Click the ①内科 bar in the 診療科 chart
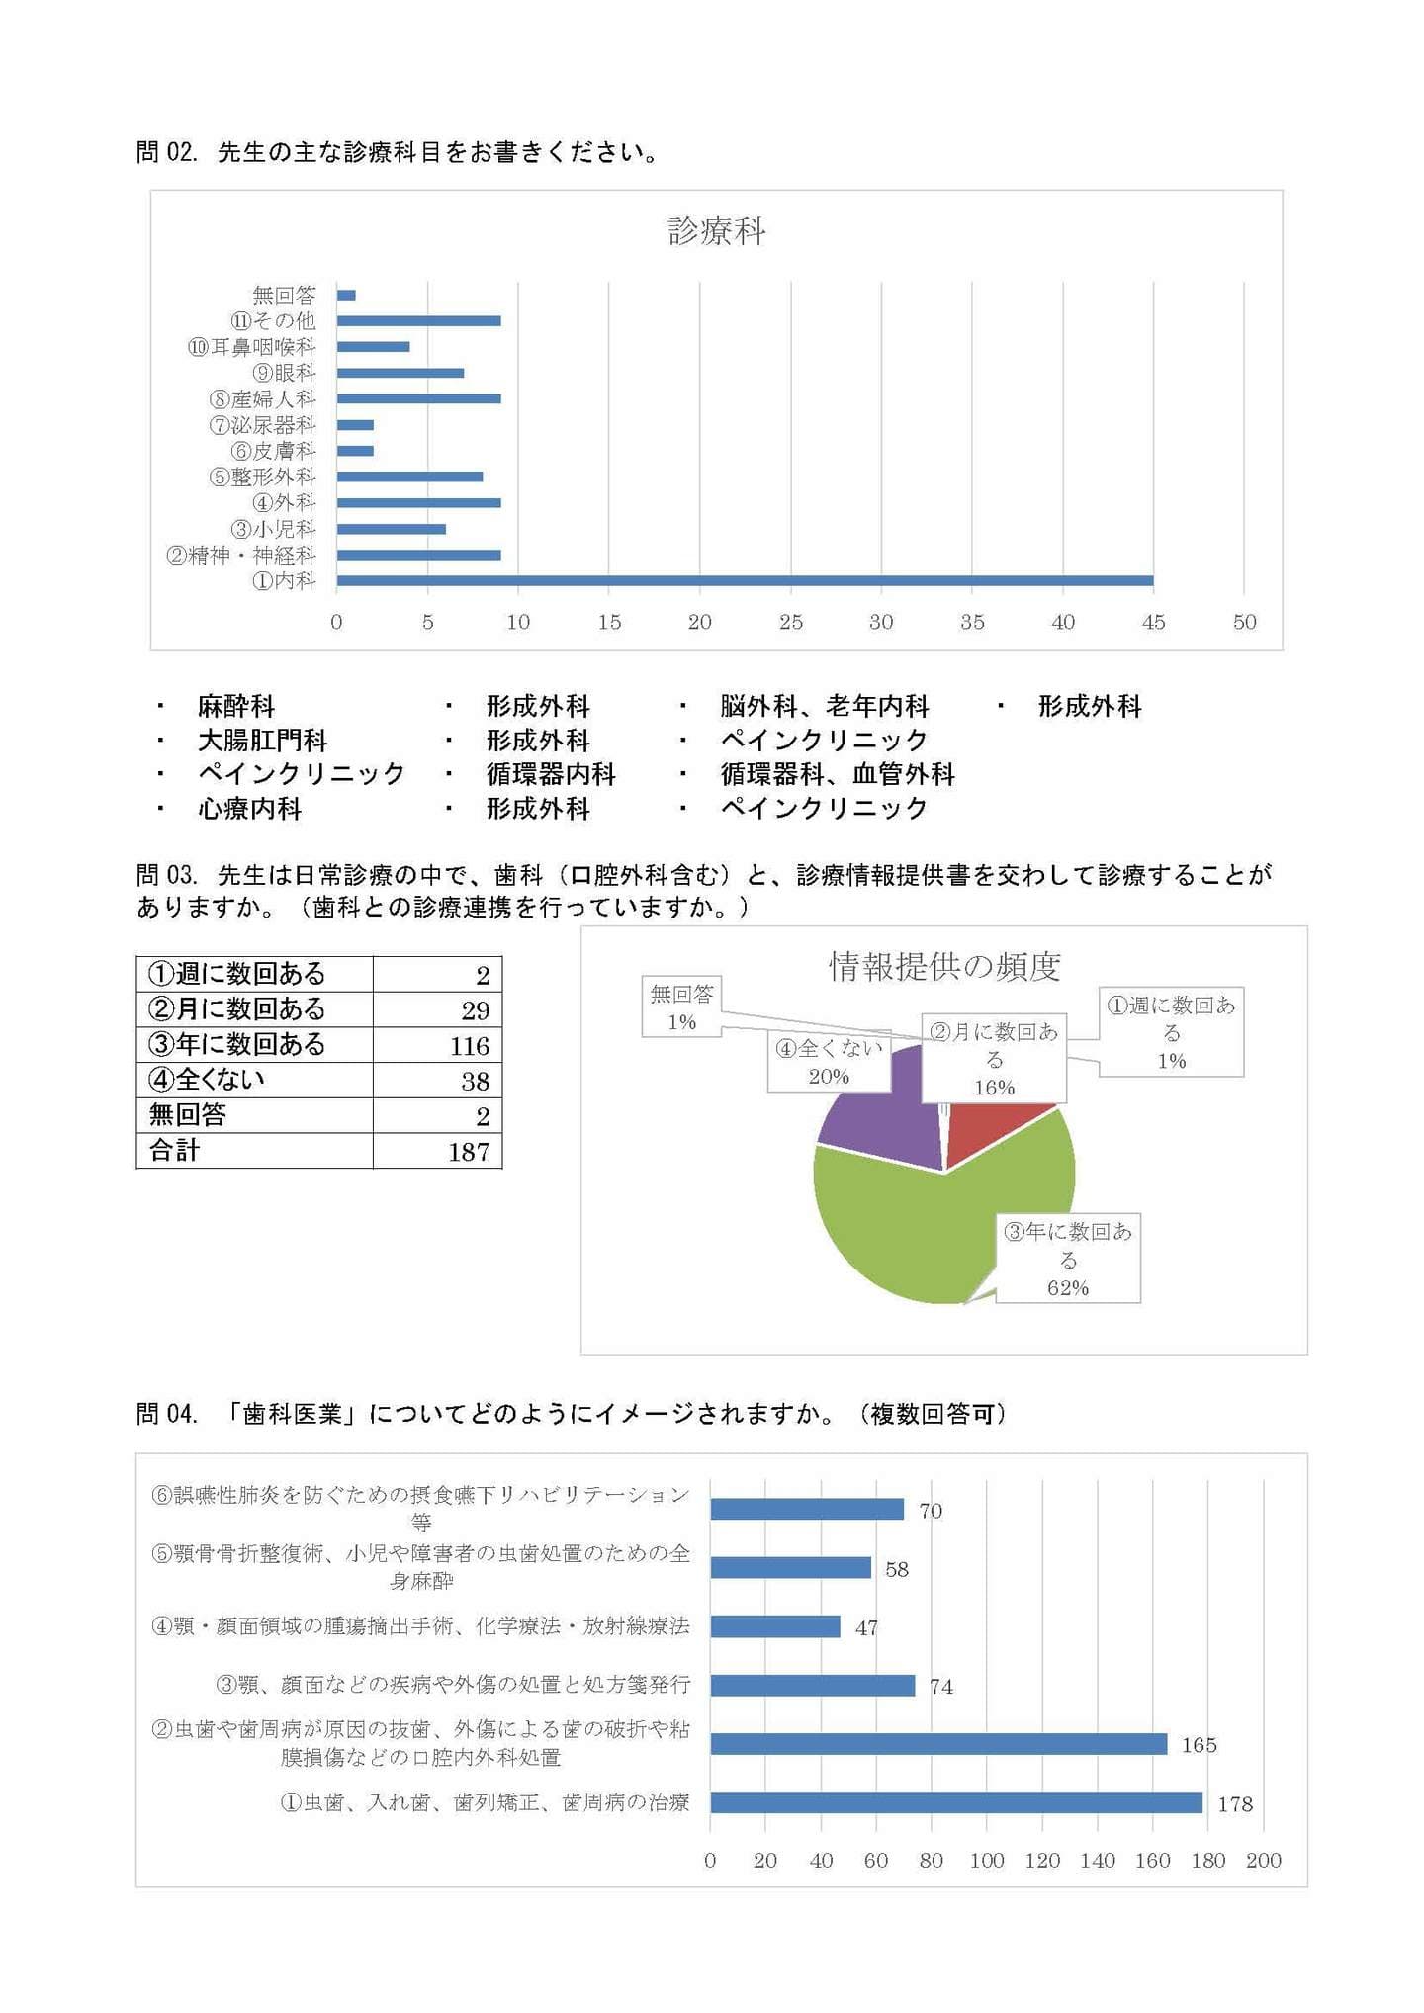tap(744, 580)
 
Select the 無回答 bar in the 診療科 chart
tap(346, 295)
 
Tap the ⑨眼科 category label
tap(284, 373)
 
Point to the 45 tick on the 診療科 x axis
tap(1153, 622)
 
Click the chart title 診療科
tap(716, 231)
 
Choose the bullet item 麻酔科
tap(235, 706)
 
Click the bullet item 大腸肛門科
tap(262, 740)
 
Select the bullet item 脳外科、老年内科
tap(824, 706)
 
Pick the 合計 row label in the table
tap(174, 1150)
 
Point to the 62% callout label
tap(1067, 1287)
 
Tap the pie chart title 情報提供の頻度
tap(943, 966)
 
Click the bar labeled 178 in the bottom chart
tap(955, 1801)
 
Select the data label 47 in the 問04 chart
tap(866, 1627)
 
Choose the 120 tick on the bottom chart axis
tap(1041, 1860)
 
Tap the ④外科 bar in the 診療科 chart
tap(418, 502)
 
